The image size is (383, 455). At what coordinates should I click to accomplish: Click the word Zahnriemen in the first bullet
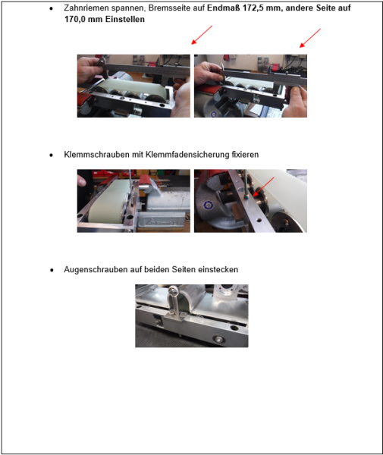click(85, 7)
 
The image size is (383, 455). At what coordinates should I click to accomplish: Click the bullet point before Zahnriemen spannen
click(51, 8)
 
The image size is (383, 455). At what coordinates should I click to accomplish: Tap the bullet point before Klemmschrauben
click(51, 155)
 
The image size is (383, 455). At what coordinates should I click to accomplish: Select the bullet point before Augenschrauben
click(51, 270)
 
